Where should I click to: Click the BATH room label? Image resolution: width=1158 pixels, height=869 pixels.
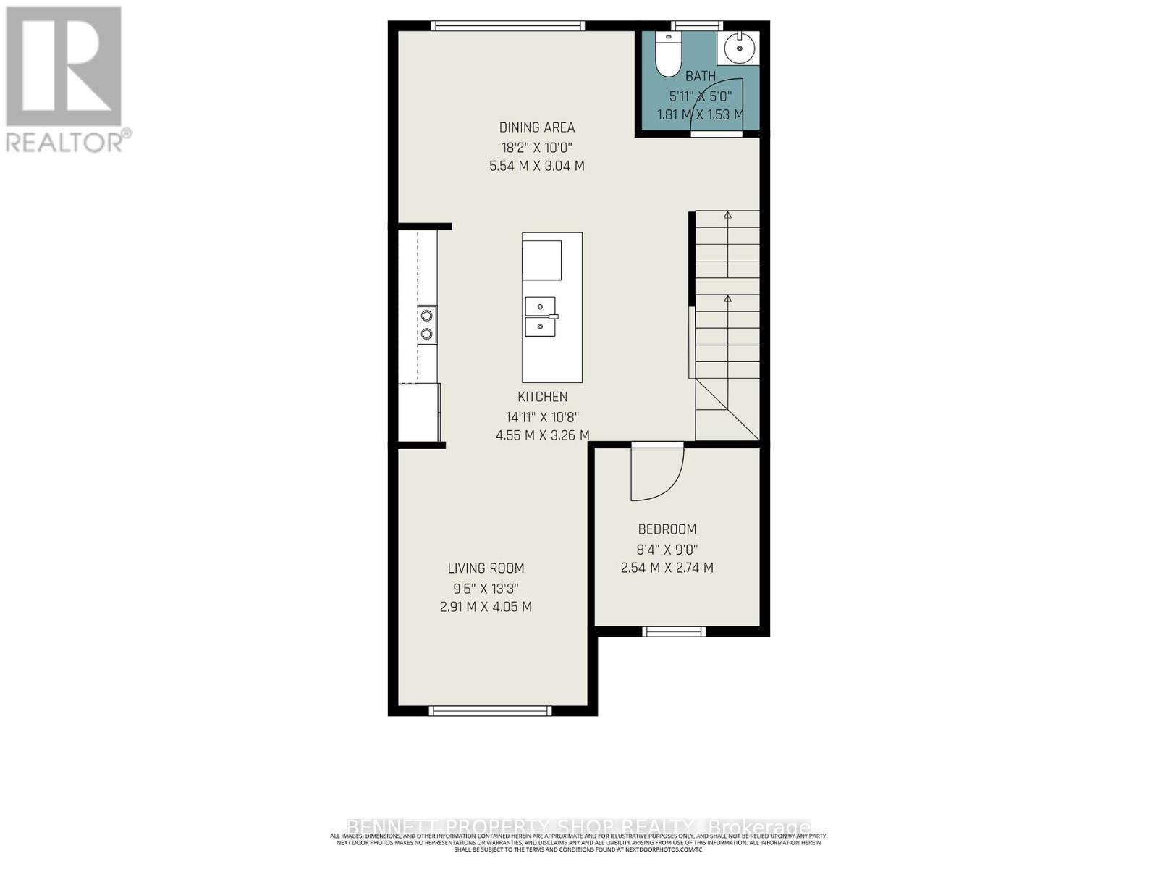701,76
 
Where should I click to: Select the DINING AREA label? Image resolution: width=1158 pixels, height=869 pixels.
537,127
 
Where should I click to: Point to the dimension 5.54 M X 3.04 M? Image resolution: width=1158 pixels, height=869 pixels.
537,166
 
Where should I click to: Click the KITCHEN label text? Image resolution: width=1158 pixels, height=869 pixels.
542,397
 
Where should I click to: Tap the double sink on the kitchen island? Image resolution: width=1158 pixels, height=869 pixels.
541,317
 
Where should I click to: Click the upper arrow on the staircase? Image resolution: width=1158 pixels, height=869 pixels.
727,215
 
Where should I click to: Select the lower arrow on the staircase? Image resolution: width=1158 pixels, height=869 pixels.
727,299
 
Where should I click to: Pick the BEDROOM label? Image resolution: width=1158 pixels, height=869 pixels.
667,529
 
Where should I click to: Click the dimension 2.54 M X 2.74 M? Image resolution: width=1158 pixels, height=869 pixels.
667,568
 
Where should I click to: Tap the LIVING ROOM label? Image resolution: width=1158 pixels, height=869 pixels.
486,568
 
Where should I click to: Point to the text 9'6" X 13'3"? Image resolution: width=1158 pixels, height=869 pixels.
486,588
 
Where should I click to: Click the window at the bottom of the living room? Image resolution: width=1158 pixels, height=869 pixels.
490,710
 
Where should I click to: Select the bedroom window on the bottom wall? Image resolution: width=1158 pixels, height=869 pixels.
674,631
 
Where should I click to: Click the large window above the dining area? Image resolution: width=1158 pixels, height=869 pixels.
507,26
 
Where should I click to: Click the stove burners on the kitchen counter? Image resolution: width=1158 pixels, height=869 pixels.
427,324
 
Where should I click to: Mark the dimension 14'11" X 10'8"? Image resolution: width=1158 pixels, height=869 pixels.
542,417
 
